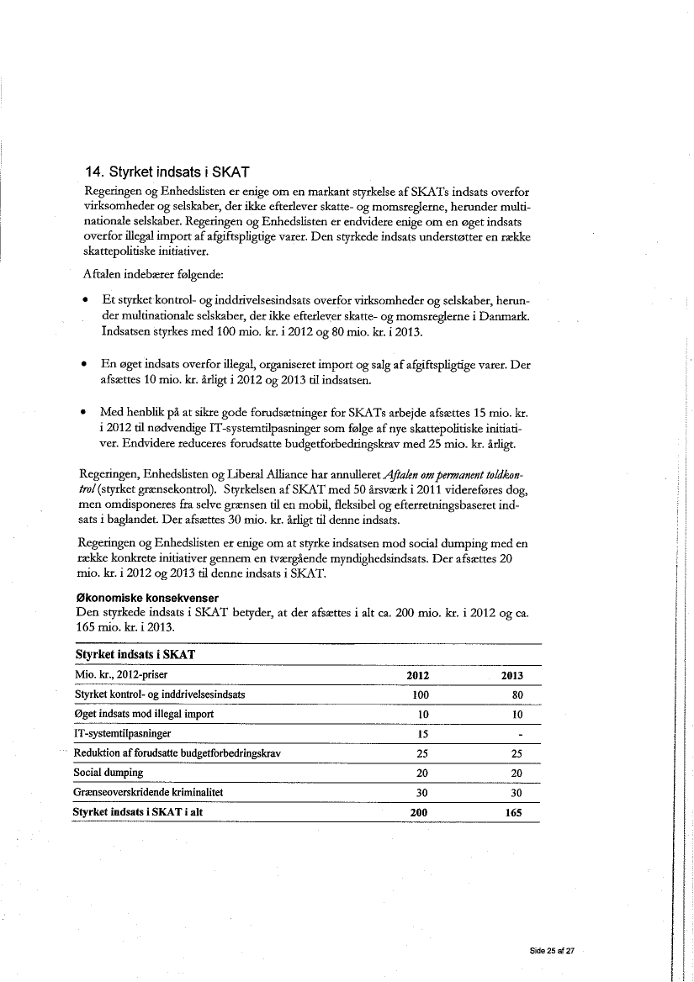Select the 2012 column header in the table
pos(418,676)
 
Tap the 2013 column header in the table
pos(512,676)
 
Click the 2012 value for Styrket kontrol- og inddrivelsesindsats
pos(421,695)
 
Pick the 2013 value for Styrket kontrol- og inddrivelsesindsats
pos(517,695)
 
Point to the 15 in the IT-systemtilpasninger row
pos(424,734)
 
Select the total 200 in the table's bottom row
pos(418,813)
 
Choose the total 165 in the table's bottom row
pos(512,813)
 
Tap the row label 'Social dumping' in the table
pos(109,773)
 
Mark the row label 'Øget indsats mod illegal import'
pos(144,715)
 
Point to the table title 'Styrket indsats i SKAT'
pos(135,655)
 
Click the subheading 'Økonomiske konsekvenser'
pos(147,598)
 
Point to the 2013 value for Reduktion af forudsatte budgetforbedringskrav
pos(517,753)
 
